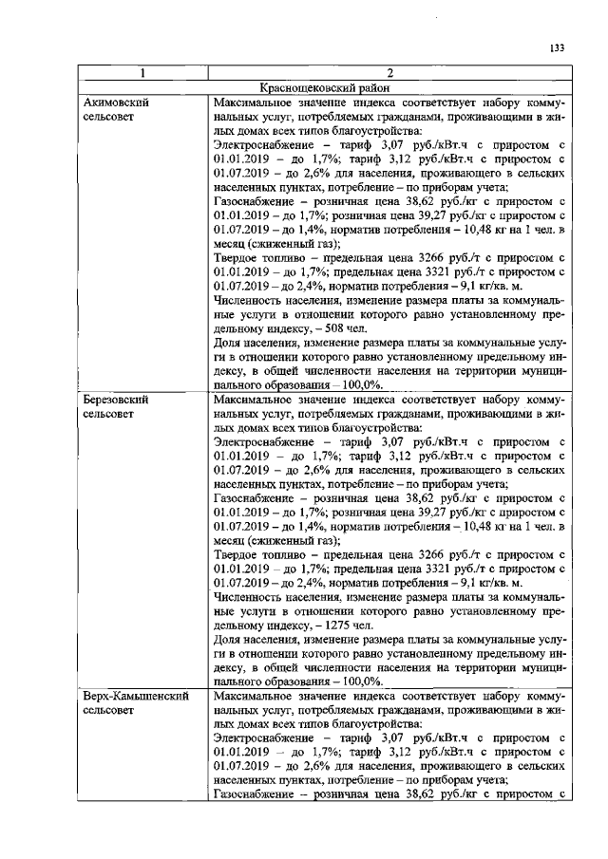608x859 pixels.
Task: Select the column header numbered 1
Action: coord(142,73)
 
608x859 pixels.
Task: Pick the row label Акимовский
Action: coord(117,102)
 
